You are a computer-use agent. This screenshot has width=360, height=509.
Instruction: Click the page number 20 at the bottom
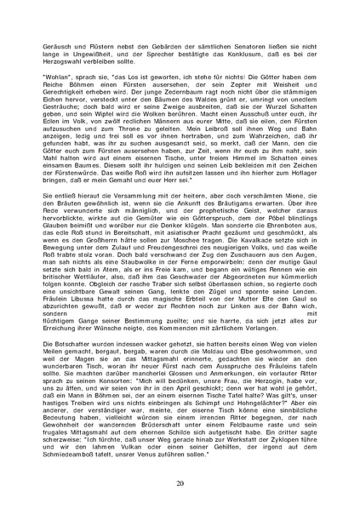tap(180, 483)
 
